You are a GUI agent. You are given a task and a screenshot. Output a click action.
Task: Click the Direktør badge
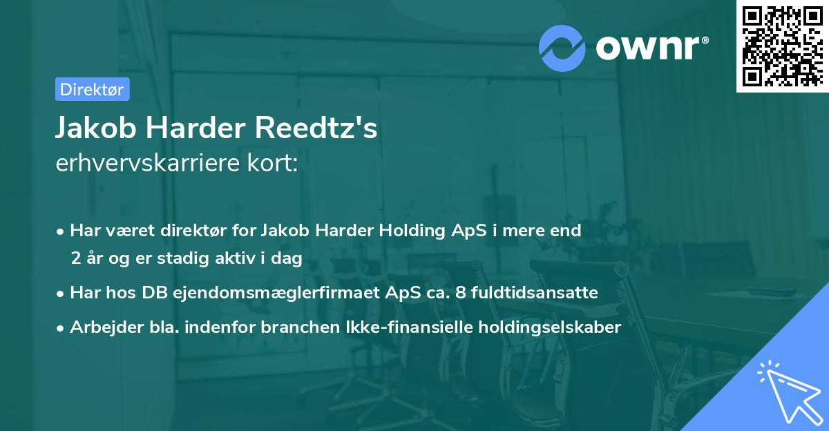pos(92,89)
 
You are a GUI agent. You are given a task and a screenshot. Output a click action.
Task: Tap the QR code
pos(781,46)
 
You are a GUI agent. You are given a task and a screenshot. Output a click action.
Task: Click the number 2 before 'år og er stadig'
pos(75,258)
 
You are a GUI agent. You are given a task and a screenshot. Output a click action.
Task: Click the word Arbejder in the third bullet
pos(100,327)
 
